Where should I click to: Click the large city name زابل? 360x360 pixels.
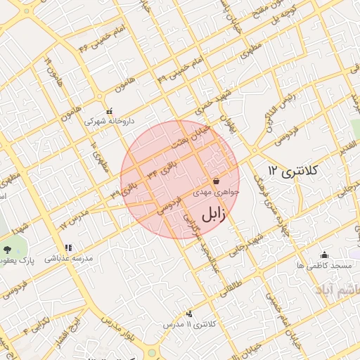coord(212,214)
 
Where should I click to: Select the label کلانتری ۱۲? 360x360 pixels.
coord(293,171)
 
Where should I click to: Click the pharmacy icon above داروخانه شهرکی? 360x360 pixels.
coord(109,111)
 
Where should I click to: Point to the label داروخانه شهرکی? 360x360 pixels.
coord(108,122)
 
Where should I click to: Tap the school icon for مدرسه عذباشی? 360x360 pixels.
coord(68,248)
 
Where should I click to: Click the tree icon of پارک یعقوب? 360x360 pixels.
coord(8,250)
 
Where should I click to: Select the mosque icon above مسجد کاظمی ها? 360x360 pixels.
coord(324,255)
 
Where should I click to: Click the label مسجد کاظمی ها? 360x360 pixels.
coord(324,265)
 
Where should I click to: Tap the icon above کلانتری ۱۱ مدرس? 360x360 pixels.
coord(188,314)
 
